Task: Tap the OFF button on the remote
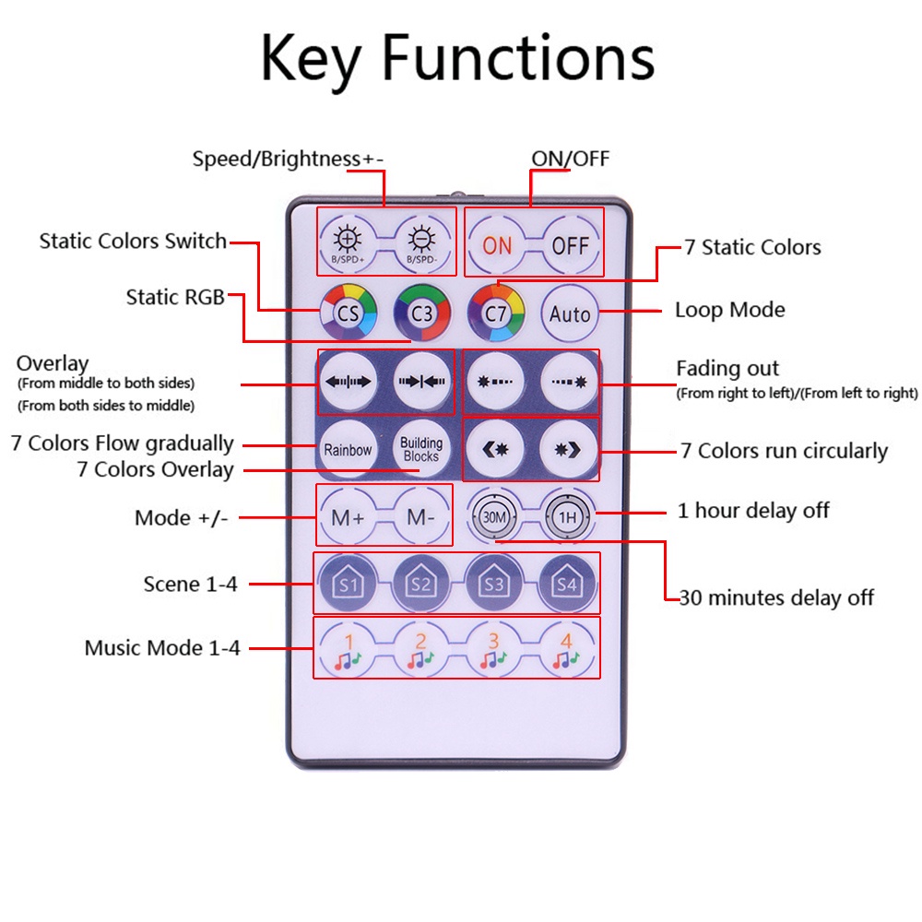coord(570,245)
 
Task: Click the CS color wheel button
coord(349,313)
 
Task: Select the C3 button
coord(421,313)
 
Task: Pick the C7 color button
coord(496,313)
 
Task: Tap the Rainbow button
coord(348,449)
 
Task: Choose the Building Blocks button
coord(420,449)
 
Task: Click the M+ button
coord(348,517)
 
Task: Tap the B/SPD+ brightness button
coord(348,243)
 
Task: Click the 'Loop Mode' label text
coord(729,310)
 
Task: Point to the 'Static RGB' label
coord(175,297)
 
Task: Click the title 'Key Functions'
coord(457,58)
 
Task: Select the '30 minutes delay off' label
coord(776,598)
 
